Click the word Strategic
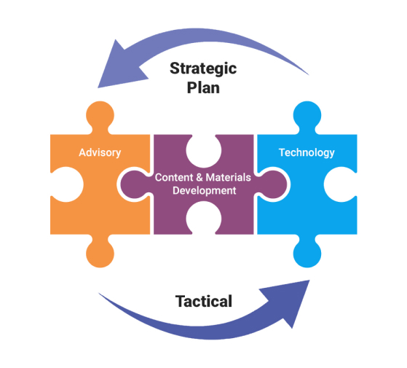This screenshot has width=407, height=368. [203, 68]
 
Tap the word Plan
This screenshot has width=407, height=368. [203, 87]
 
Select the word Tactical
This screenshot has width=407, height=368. [204, 301]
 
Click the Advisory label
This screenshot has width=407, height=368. [100, 153]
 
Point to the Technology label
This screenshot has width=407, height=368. [307, 153]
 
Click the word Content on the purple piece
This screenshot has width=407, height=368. [174, 178]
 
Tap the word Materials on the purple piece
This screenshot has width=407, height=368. [229, 178]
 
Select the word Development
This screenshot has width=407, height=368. [205, 191]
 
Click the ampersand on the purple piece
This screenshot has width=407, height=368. [199, 178]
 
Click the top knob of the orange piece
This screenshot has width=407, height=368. [100, 115]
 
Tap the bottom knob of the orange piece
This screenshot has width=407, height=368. [100, 254]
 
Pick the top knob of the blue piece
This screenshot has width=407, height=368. [307, 115]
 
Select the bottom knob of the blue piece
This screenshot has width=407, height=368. [307, 254]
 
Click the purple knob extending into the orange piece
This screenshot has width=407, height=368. [135, 184]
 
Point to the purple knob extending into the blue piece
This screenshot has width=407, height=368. [272, 184]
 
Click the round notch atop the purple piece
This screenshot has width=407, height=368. [204, 150]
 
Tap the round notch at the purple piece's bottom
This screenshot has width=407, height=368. [204, 219]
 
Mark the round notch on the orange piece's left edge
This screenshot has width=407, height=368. [66, 184]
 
